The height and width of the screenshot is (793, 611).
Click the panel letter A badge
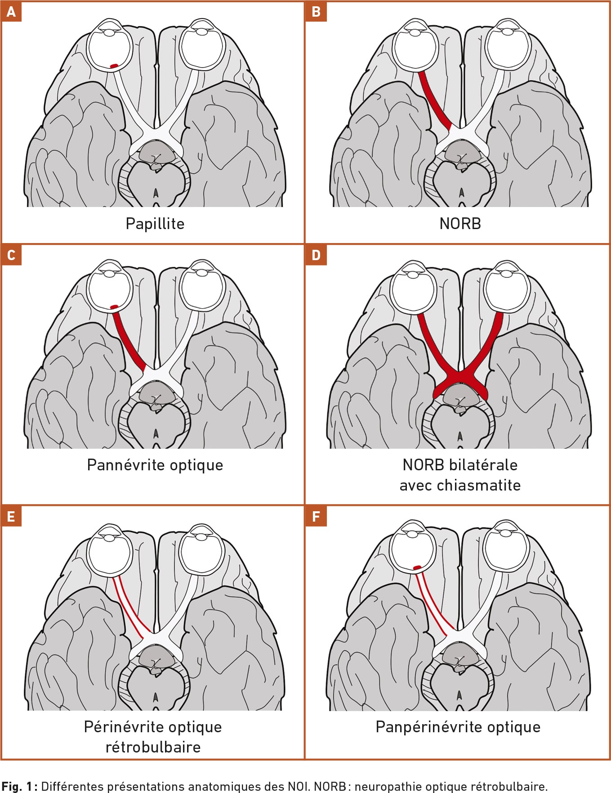tap(11, 11)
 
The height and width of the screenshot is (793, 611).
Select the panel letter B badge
tap(316, 11)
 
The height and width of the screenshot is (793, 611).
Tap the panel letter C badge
tap(11, 255)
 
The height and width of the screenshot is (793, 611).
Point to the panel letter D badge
tap(316, 255)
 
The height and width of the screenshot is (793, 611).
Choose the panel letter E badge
tap(11, 516)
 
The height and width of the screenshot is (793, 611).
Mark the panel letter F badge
tap(316, 516)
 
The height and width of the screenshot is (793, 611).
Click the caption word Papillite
tap(155, 224)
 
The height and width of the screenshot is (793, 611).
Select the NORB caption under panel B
tap(460, 224)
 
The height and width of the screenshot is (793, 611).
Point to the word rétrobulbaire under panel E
tap(153, 747)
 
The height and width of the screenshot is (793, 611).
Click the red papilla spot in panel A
tap(114, 66)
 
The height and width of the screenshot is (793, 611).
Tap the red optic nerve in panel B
tap(434, 100)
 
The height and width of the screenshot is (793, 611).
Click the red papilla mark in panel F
tap(417, 568)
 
